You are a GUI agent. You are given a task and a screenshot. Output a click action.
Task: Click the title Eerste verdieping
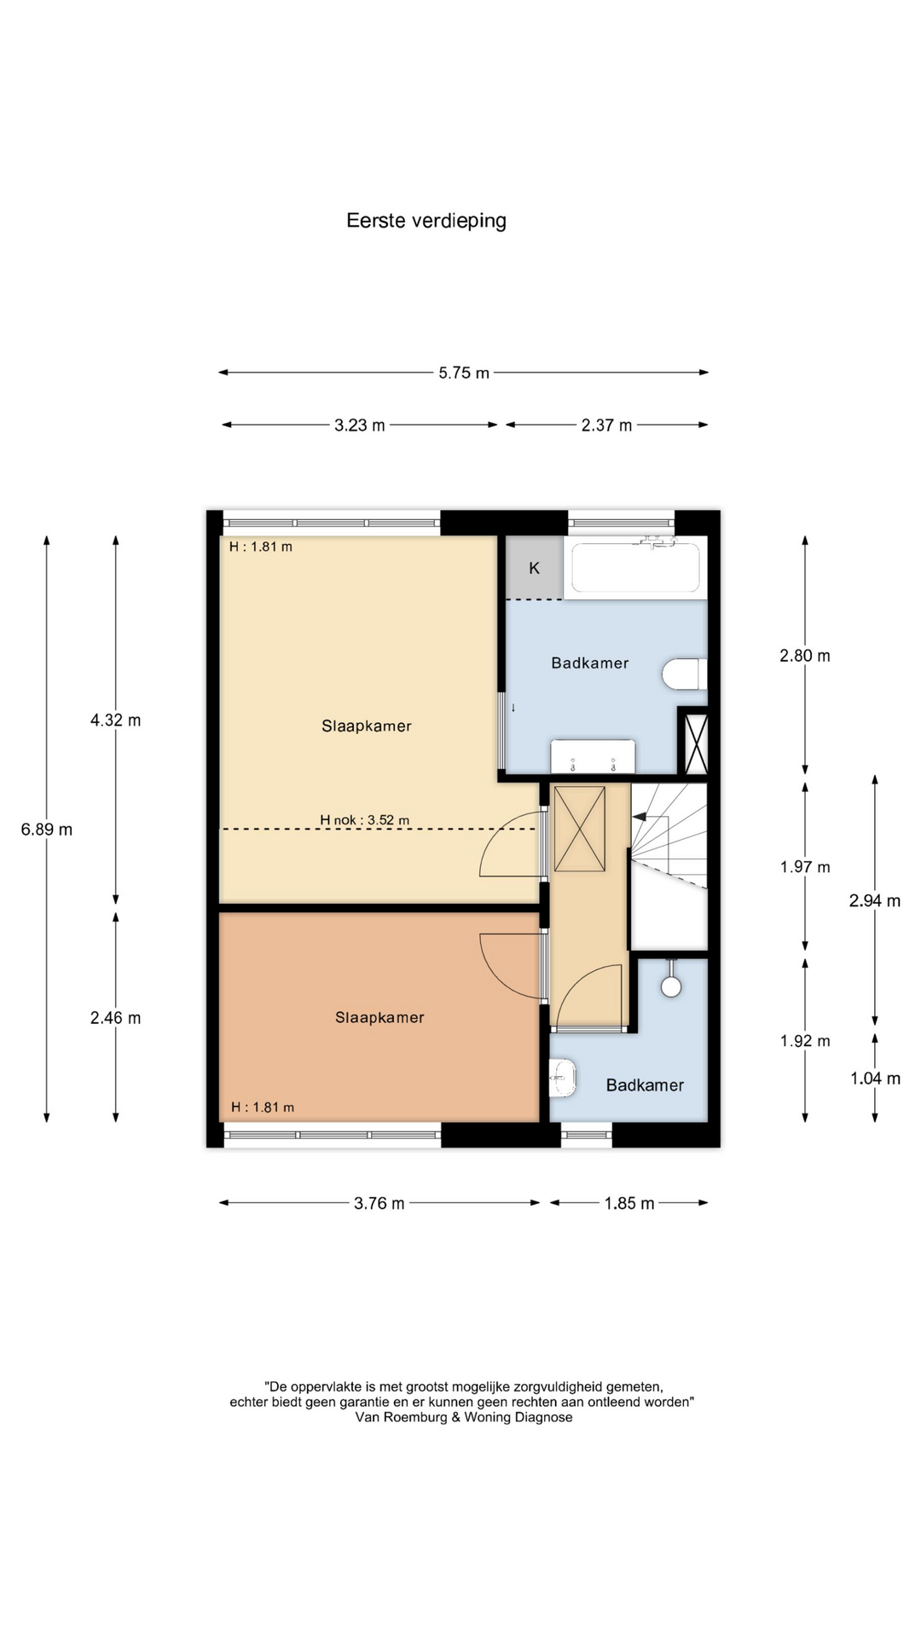[426, 221]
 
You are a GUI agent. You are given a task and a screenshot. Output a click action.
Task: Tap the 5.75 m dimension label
[464, 373]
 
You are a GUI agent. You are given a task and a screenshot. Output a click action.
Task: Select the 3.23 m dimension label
[360, 425]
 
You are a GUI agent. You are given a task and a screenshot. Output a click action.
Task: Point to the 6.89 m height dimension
[47, 829]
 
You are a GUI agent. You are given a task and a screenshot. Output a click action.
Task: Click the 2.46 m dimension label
[116, 1018]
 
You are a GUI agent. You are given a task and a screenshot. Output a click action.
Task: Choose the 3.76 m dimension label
[379, 1203]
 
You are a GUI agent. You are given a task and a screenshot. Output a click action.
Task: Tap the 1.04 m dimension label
[875, 1079]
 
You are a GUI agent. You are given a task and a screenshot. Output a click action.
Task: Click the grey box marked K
[535, 568]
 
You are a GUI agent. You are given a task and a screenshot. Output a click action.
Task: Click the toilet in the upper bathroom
[684, 674]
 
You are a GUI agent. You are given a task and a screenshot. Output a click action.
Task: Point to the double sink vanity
[593, 756]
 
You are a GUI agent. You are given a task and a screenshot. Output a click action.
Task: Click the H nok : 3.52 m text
[364, 820]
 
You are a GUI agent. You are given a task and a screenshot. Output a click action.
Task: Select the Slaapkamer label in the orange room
[379, 1017]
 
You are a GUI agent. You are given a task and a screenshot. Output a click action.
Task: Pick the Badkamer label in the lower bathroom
[645, 1085]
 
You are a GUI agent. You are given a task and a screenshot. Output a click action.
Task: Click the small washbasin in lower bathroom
[563, 1077]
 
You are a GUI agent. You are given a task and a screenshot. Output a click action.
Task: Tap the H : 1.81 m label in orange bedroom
[263, 1108]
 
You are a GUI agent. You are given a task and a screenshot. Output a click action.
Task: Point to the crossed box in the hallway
[580, 829]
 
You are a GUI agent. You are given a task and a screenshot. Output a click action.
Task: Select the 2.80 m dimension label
[805, 656]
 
